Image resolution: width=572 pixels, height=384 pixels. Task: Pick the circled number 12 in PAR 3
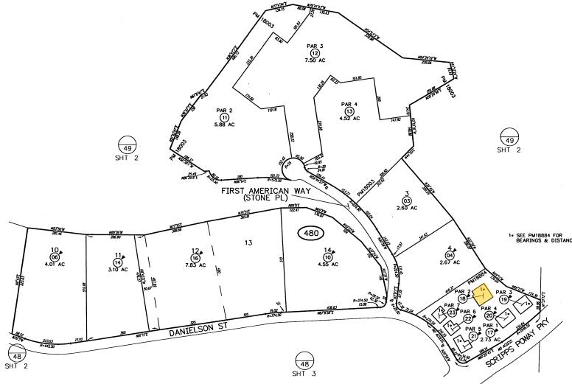click(x=315, y=53)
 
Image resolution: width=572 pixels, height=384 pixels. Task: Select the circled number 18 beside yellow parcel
click(x=462, y=299)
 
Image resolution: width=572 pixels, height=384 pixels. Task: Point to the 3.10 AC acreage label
click(x=117, y=268)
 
